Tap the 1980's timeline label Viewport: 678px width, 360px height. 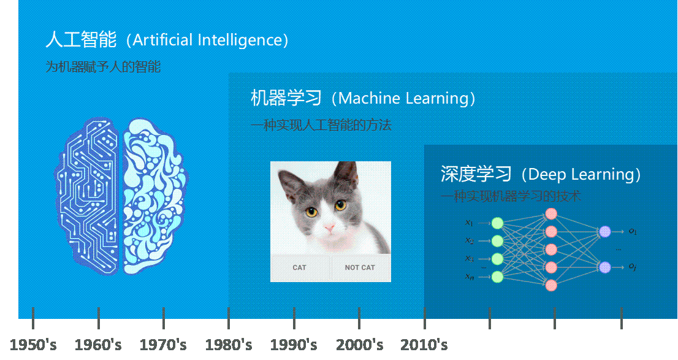228,345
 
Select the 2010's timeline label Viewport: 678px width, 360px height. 424,345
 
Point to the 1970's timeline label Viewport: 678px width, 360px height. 163,345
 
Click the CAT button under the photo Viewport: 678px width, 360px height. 299,267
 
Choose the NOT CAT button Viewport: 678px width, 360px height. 360,267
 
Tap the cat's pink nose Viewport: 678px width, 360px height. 330,229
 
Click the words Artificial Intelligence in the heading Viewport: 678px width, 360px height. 207,40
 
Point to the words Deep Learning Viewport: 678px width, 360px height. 580,174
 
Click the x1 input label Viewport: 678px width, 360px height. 469,223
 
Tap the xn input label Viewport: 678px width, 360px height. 469,277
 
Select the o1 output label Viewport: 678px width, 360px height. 633,231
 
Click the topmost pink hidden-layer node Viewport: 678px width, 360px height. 550,214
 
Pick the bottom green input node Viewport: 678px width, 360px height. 497,277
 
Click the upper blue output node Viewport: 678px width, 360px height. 605,231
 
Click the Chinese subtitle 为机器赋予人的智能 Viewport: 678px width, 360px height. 103,67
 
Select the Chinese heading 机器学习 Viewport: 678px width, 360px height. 286,98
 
